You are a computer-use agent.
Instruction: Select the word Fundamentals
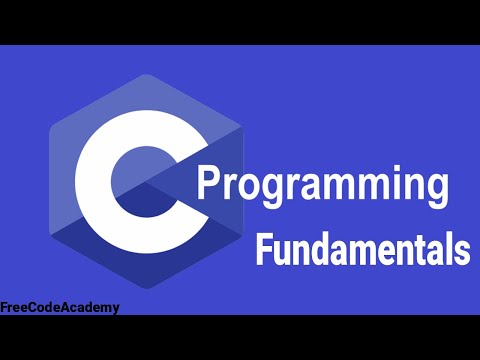(x=363, y=248)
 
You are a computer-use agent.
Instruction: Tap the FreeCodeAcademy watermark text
(x=60, y=307)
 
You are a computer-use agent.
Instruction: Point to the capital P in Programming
(x=208, y=186)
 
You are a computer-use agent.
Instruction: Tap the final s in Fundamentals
(x=461, y=250)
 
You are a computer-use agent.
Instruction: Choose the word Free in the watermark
(x=16, y=307)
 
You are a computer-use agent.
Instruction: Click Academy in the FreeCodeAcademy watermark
(x=91, y=307)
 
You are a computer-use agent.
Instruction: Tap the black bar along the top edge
(x=240, y=20)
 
